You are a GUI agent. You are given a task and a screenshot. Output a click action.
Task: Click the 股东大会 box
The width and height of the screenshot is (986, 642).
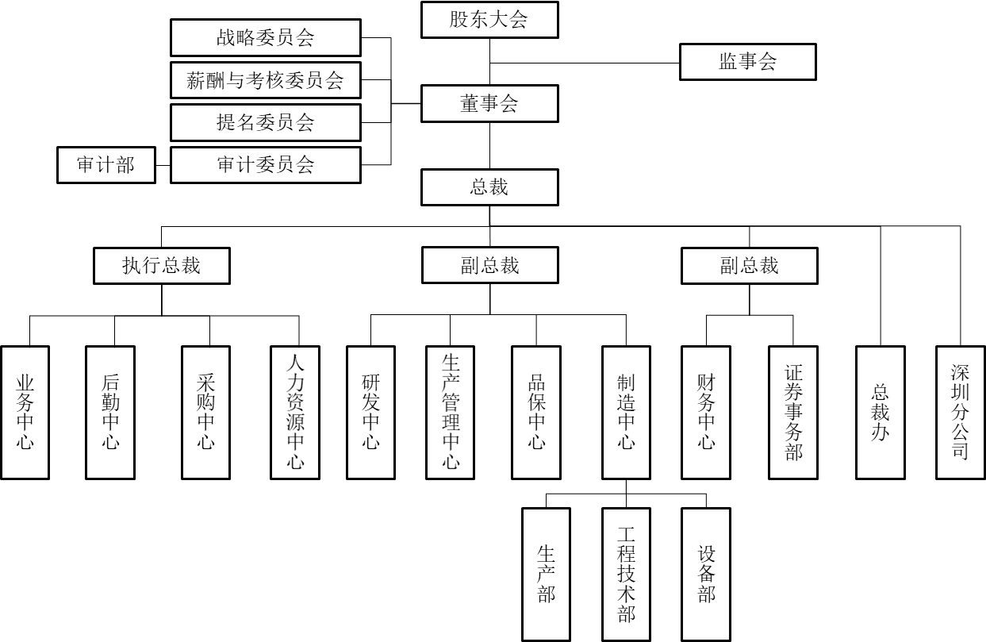[489, 20]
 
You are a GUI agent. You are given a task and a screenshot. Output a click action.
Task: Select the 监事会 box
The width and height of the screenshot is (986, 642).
[747, 62]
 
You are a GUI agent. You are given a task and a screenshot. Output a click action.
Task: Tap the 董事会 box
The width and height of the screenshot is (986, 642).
[489, 103]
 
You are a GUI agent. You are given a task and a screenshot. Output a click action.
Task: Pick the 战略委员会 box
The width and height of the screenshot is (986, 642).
[266, 37]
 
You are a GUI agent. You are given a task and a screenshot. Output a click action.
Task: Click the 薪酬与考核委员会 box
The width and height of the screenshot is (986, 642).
[266, 80]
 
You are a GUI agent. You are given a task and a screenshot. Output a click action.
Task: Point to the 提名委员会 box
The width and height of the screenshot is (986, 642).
[266, 122]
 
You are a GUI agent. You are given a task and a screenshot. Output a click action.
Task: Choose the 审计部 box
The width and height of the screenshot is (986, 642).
[106, 165]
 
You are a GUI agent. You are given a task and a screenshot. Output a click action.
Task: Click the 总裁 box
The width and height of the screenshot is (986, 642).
[489, 188]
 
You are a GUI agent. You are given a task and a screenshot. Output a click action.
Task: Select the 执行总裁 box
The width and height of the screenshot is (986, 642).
[162, 266]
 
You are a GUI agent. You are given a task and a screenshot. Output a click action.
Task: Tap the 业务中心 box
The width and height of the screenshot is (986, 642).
[25, 413]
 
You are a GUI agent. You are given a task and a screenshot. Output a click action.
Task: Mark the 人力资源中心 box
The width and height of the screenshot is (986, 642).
[295, 413]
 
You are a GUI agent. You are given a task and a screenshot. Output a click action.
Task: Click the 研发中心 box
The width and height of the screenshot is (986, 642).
[370, 413]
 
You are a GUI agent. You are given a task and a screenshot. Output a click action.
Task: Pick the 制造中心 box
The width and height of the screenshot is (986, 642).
[626, 413]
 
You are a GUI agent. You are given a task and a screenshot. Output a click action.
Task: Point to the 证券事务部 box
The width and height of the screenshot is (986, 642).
[792, 413]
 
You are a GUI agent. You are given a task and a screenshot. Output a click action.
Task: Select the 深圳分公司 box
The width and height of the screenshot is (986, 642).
[960, 413]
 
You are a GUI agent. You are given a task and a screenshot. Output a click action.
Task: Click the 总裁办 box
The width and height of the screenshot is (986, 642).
[880, 413]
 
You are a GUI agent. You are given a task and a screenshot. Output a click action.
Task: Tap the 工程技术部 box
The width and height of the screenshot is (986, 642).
[626, 574]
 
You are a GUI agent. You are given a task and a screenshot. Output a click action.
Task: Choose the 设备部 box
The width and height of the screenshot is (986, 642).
[705, 574]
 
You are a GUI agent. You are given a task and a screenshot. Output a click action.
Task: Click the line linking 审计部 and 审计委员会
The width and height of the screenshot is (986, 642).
[163, 165]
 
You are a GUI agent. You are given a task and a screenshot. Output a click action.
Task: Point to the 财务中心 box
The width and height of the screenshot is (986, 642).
[706, 413]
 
